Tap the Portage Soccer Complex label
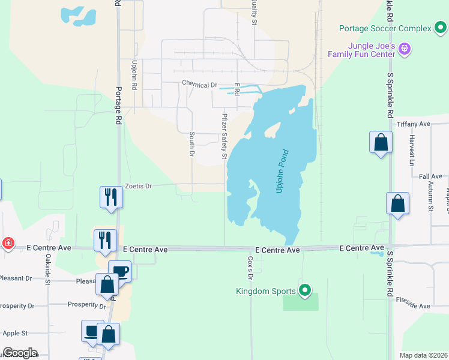click(x=385, y=28)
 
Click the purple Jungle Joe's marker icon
click(x=405, y=48)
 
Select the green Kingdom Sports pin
click(x=305, y=291)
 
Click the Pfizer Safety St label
click(x=225, y=136)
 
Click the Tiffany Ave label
click(x=414, y=124)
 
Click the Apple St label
click(x=16, y=333)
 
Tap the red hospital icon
click(x=8, y=243)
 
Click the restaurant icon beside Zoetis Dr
click(x=111, y=196)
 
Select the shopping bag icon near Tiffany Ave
click(x=381, y=142)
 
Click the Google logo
click(x=20, y=353)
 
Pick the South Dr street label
click(x=192, y=145)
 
